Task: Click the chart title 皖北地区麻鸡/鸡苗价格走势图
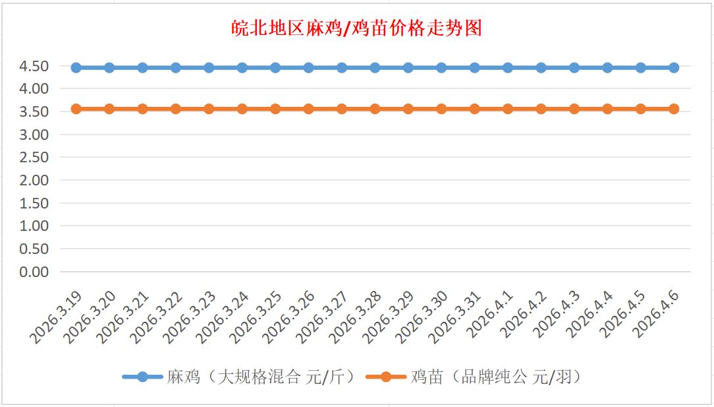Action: [357, 28]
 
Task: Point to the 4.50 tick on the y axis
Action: [34, 66]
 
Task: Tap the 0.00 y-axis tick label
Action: [34, 271]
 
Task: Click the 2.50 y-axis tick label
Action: [34, 157]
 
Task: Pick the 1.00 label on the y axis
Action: [34, 226]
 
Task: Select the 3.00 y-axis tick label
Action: [34, 135]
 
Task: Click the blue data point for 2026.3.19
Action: [76, 67]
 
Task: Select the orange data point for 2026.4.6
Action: [674, 109]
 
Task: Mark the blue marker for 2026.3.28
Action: [375, 67]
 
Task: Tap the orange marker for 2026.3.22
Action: [176, 109]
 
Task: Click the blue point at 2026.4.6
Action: [674, 67]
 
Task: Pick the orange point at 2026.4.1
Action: [508, 109]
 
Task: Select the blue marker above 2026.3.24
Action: [242, 67]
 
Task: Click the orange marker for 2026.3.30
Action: [441, 109]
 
